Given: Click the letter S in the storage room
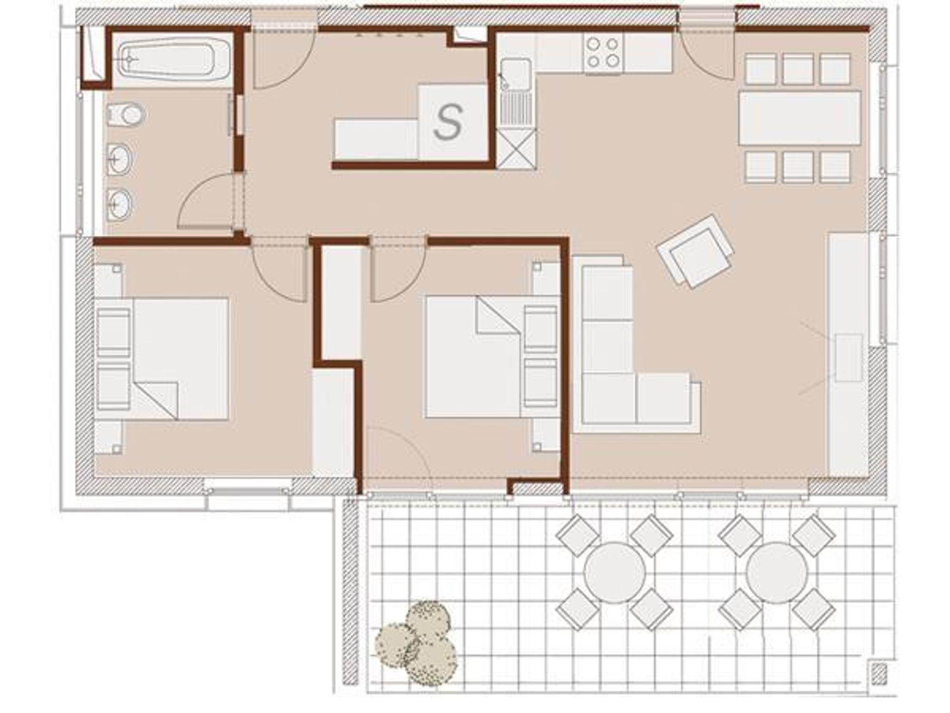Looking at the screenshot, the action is tap(448, 122).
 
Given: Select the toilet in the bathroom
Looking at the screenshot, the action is tap(126, 115).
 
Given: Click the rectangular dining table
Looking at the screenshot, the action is tap(800, 118).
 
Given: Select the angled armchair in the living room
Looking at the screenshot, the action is tap(695, 252).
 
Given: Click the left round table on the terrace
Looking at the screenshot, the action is tap(614, 573).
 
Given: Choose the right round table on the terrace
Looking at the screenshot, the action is tap(777, 573).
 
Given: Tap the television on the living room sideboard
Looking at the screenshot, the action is tap(848, 357).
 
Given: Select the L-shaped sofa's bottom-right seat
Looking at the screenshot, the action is tap(663, 398).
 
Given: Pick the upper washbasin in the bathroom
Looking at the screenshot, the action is tap(120, 159).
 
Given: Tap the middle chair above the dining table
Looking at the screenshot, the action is tap(798, 70).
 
